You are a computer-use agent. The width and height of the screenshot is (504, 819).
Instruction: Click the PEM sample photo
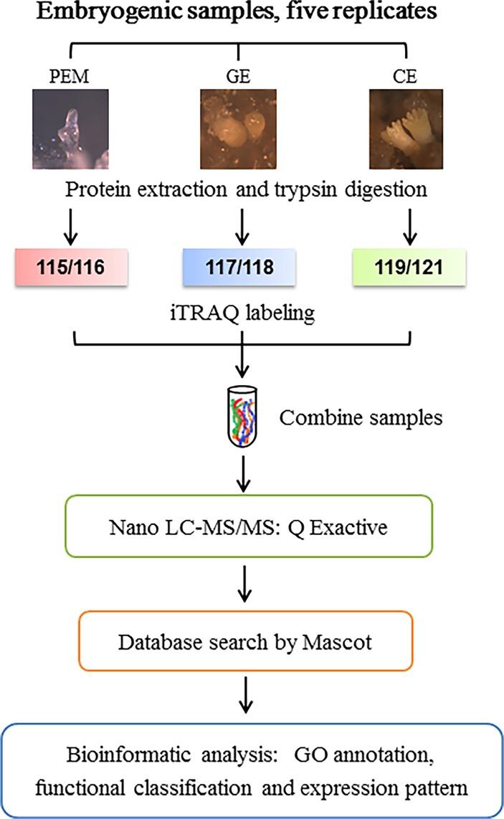pyautogui.click(x=70, y=129)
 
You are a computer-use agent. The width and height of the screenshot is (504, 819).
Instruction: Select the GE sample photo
pyautogui.click(x=238, y=129)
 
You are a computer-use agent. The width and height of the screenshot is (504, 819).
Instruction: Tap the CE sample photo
pyautogui.click(x=406, y=129)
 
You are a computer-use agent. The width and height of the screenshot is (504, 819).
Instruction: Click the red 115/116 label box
pyautogui.click(x=71, y=268)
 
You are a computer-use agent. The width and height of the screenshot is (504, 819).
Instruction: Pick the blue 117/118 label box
pyautogui.click(x=239, y=268)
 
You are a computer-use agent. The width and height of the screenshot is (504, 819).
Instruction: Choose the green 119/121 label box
pyautogui.click(x=409, y=268)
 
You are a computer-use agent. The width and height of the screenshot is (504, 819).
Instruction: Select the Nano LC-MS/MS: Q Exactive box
pyautogui.click(x=249, y=526)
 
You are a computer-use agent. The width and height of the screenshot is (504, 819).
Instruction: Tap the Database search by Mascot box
pyautogui.click(x=245, y=641)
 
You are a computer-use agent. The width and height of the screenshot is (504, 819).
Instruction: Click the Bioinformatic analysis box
pyautogui.click(x=251, y=770)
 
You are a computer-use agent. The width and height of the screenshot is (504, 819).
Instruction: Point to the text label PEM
pyautogui.click(x=69, y=76)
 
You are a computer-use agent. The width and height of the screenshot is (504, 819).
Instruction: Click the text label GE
pyautogui.click(x=238, y=76)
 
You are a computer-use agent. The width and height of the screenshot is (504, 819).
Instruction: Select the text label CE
pyautogui.click(x=405, y=76)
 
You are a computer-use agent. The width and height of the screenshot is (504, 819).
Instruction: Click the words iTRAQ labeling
pyautogui.click(x=243, y=313)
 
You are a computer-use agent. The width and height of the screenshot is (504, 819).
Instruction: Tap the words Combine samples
pyautogui.click(x=361, y=417)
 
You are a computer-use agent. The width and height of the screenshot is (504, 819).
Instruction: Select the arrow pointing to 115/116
pyautogui.click(x=70, y=227)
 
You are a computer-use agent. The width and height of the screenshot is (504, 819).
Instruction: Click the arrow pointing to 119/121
pyautogui.click(x=410, y=227)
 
